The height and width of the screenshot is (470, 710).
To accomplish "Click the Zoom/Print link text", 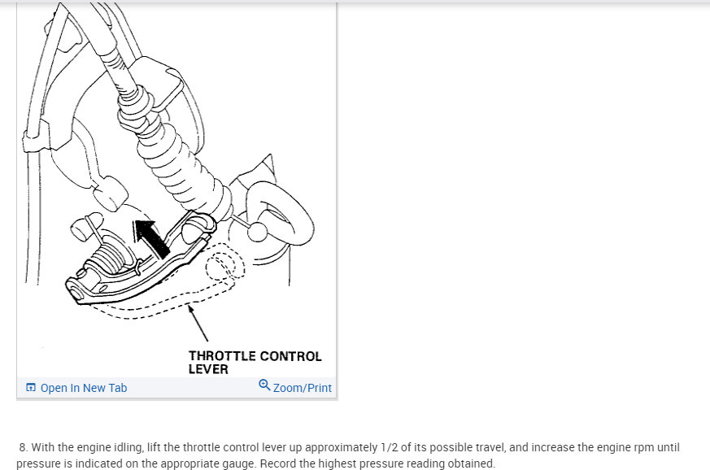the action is [302, 388].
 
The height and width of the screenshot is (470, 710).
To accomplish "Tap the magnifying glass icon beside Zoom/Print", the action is [264, 385].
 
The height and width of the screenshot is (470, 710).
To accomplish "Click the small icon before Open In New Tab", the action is [31, 388].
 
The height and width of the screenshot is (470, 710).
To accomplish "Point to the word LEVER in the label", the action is [208, 369].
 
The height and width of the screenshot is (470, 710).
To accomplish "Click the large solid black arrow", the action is [152, 237].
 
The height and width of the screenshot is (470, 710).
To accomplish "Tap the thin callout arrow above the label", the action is [198, 323].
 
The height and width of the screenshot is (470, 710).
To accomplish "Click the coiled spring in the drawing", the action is [109, 257].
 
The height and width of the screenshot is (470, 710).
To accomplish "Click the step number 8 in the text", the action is [23, 448].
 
